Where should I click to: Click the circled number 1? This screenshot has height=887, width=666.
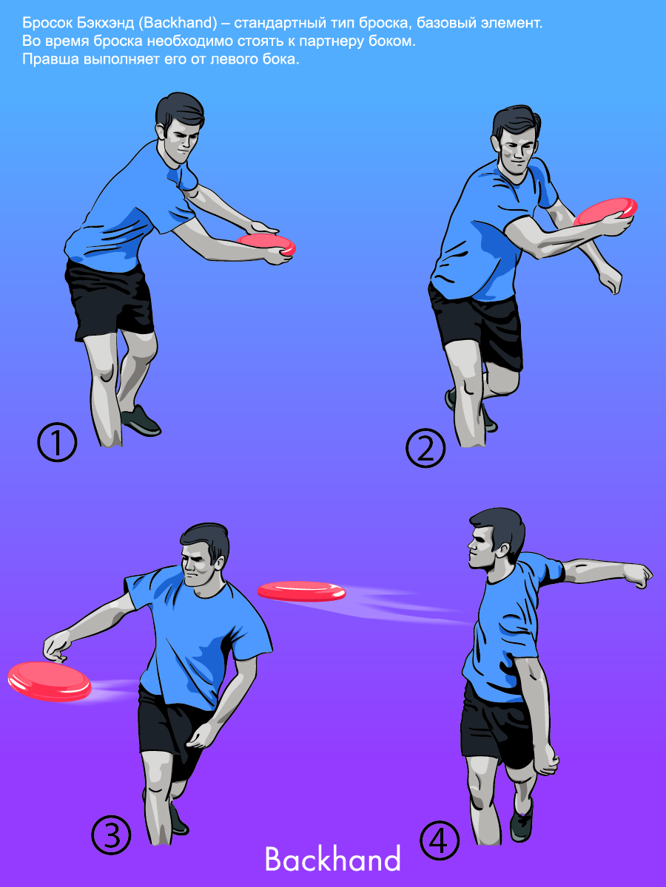(57, 442)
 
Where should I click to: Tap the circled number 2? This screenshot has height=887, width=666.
(425, 448)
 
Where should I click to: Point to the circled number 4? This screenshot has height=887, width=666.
(440, 840)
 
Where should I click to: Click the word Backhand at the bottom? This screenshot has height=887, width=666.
(332, 859)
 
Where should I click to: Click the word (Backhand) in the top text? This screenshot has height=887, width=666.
(178, 23)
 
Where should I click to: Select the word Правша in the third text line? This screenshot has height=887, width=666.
(50, 59)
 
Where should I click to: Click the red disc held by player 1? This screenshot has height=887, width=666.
(267, 244)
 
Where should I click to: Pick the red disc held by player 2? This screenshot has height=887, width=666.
(605, 211)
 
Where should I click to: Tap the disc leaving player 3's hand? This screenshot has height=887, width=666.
(50, 682)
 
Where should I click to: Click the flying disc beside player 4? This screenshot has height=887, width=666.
(302, 591)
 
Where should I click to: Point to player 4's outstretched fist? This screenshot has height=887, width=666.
(639, 574)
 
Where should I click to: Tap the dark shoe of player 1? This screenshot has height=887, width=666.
(141, 421)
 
